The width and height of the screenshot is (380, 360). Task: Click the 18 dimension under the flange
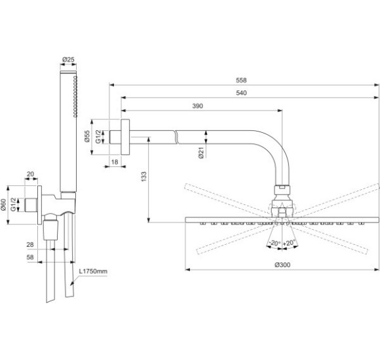click(115, 160)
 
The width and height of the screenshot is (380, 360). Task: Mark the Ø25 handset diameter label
click(67, 59)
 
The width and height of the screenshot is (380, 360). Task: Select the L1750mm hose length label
click(94, 270)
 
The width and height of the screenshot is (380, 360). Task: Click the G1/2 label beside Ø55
click(99, 136)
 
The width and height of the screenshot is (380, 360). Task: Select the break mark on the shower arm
click(176, 136)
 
